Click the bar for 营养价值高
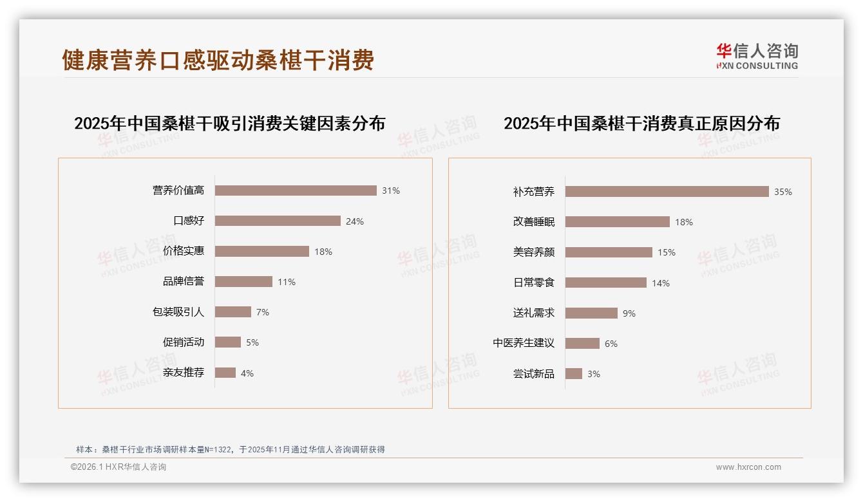296,191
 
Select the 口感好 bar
278,221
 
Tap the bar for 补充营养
667,192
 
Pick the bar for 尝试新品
574,374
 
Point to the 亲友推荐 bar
225,373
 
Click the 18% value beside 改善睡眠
684,222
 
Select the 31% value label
391,191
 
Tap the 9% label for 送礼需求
629,313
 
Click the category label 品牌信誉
184,281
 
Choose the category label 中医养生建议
524,343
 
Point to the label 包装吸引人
178,312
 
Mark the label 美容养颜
534,252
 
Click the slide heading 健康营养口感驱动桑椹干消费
218,60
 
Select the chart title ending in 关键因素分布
229,123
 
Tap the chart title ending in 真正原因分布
641,123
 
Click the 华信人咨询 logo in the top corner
757,56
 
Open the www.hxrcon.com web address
748,467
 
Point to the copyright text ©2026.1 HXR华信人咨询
119,467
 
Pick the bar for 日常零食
605,283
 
